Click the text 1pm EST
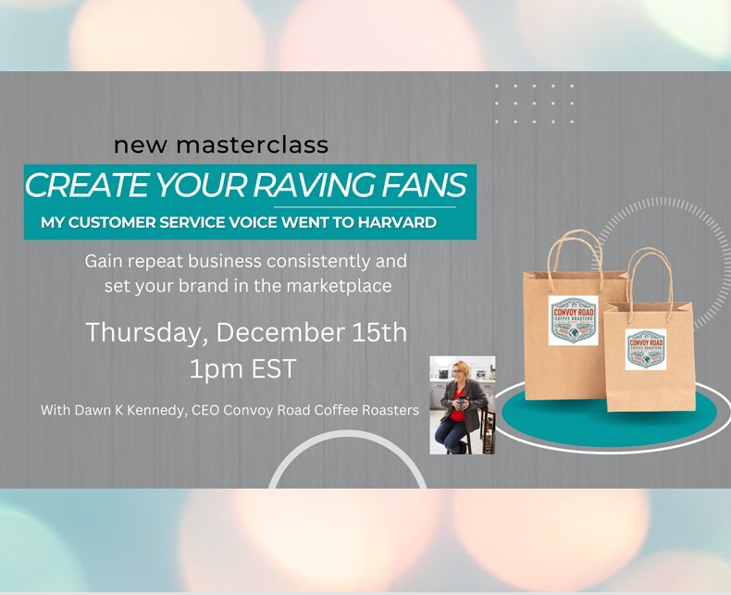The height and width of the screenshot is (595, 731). [x=243, y=369]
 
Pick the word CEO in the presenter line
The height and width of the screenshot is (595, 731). [x=206, y=410]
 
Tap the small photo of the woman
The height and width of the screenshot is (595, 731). [x=462, y=404]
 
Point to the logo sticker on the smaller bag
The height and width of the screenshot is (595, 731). [x=645, y=349]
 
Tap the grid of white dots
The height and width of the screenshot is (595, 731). [x=534, y=104]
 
